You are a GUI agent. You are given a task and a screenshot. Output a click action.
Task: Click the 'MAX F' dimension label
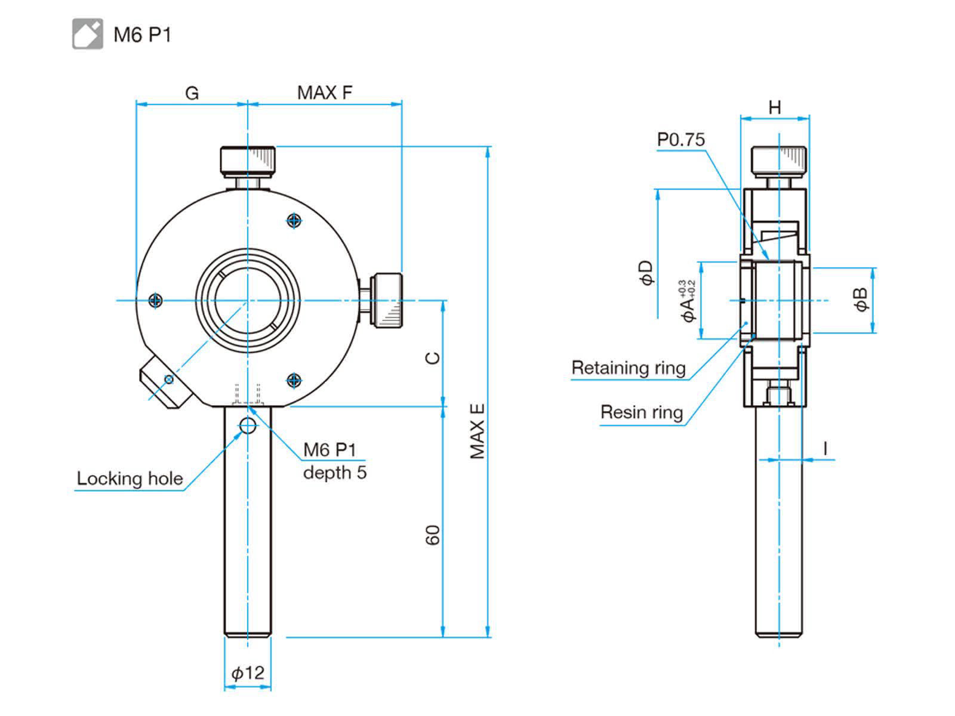[325, 93]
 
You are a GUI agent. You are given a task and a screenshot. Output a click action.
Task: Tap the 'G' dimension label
[192, 94]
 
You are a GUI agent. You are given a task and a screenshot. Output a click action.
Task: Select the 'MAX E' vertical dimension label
[477, 431]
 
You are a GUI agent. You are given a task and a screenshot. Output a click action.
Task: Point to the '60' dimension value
[433, 535]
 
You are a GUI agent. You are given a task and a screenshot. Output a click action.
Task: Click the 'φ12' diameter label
[248, 673]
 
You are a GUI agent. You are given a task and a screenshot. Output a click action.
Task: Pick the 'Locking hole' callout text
[130, 479]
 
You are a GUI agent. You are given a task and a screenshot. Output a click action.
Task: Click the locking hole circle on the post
[247, 425]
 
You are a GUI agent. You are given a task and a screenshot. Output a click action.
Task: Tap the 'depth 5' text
[335, 473]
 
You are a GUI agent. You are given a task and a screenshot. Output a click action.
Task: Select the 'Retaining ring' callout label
[629, 368]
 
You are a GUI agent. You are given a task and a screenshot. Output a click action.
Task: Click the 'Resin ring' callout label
[642, 412]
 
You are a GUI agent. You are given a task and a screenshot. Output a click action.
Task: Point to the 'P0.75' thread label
[681, 140]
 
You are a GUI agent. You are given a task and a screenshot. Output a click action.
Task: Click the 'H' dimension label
[775, 107]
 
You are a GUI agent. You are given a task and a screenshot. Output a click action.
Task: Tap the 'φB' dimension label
[861, 300]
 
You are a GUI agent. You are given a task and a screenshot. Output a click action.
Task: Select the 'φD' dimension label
[646, 273]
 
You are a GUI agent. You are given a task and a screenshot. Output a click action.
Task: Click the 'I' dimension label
[825, 448]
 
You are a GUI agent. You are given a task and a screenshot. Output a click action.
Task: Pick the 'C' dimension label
[433, 357]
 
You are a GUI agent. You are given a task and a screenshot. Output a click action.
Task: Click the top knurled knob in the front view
[248, 161]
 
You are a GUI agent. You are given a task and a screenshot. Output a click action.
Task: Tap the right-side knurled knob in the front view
[387, 300]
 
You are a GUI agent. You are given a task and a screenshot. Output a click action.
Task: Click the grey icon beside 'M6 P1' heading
[88, 34]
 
